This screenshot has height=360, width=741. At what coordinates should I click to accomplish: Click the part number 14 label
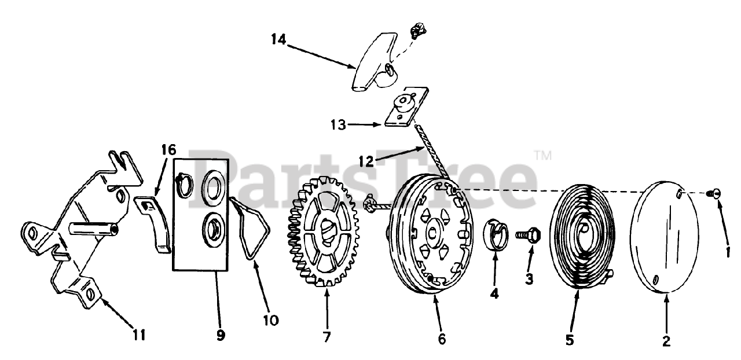click(x=278, y=39)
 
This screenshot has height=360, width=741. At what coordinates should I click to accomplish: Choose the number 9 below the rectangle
click(x=221, y=335)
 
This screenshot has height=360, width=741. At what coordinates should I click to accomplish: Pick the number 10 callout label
click(x=270, y=319)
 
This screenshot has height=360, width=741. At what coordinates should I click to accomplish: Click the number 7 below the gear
click(x=327, y=336)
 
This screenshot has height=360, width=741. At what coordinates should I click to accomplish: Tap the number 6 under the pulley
click(x=442, y=339)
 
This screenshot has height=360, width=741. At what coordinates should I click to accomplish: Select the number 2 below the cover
click(x=666, y=341)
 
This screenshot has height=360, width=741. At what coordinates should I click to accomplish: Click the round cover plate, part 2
click(x=666, y=238)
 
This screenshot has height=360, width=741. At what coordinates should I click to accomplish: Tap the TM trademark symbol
click(x=543, y=155)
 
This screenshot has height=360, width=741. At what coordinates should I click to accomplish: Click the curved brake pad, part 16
click(x=153, y=223)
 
